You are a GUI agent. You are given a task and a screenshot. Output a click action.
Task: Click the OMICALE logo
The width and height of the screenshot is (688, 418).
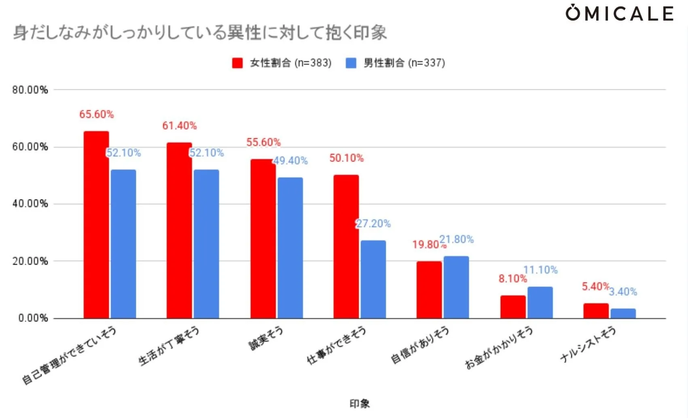click(x=619, y=13)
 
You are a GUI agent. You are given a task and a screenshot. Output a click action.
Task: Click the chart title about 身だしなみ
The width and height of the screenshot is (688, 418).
click(x=200, y=32)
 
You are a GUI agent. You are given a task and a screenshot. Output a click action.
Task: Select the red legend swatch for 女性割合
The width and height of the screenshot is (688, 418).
click(x=237, y=63)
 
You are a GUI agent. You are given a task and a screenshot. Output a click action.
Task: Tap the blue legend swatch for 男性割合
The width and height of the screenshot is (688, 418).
click(x=351, y=63)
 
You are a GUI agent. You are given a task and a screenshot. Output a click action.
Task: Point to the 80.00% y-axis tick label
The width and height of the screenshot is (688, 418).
click(x=30, y=90)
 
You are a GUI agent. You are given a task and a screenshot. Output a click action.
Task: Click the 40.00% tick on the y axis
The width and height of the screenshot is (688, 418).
click(x=30, y=204)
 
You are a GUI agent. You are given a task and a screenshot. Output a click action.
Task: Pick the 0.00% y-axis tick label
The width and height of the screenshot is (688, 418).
click(x=33, y=318)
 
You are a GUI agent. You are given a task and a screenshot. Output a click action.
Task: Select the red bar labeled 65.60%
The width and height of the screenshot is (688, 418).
click(x=96, y=225)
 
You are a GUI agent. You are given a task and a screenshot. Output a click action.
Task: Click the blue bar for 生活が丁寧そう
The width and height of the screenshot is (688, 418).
click(x=206, y=244)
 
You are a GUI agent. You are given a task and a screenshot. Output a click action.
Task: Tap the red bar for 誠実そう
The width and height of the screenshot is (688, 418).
click(x=263, y=239)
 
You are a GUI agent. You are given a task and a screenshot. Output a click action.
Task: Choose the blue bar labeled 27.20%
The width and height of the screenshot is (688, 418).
click(x=373, y=279)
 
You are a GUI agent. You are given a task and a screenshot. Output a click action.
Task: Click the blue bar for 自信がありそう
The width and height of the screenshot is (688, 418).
click(x=456, y=287)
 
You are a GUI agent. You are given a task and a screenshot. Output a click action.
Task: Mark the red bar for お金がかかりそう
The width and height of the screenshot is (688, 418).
click(x=512, y=307)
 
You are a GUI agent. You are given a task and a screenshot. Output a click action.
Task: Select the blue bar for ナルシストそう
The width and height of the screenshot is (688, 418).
click(x=623, y=314)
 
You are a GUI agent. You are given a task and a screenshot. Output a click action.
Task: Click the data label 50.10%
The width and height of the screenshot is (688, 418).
click(x=346, y=158)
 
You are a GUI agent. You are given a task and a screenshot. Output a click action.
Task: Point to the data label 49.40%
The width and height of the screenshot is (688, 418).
click(x=290, y=161)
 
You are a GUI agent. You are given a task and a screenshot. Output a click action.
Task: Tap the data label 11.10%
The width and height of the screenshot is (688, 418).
click(x=540, y=270)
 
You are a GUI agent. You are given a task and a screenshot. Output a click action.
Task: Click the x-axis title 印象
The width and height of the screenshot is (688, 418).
click(x=359, y=403)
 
